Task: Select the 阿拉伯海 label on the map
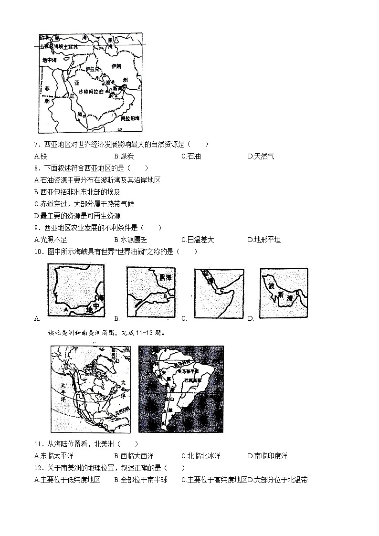click(130, 118)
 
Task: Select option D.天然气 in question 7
click(261, 156)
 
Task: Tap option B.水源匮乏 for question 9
click(130, 240)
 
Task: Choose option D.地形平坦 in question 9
click(264, 240)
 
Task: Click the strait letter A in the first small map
click(65, 309)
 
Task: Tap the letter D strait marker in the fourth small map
click(297, 293)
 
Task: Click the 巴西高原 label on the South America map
click(190, 380)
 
